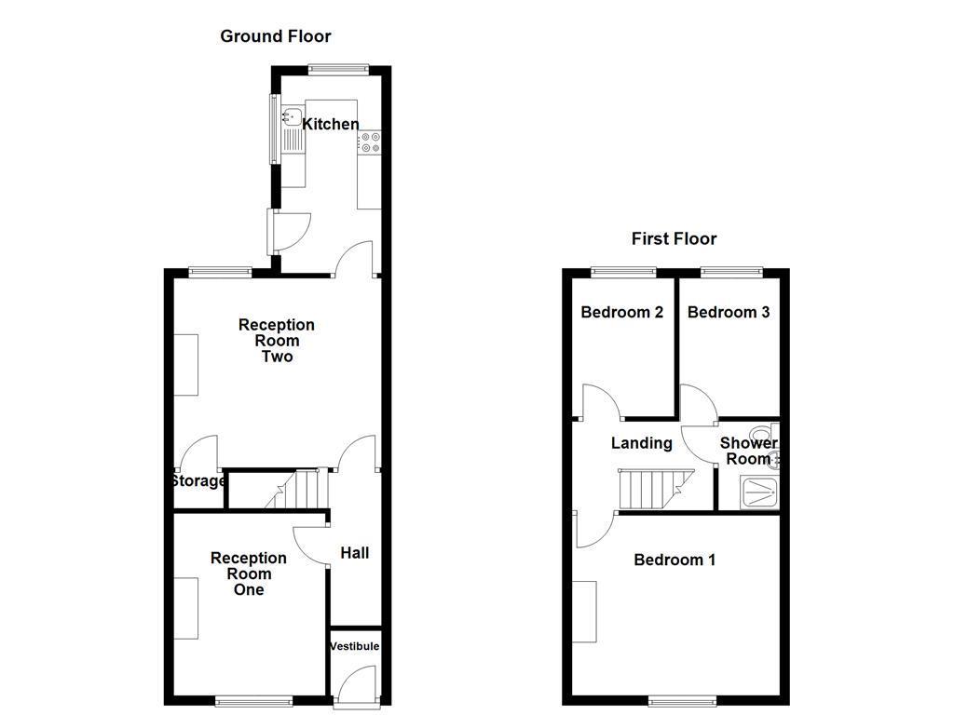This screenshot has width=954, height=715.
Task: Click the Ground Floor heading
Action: coord(275,36)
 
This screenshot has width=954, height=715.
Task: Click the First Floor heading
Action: coord(674,238)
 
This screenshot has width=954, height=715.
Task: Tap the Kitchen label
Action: coord(331,124)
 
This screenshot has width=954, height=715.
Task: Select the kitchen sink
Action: coord(293,118)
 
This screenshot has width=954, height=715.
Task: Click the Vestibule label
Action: coord(355,646)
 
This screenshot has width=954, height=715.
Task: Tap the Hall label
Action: coord(354,553)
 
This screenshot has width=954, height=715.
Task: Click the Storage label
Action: coord(198,481)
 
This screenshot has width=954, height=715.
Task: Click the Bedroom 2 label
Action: coord(621,312)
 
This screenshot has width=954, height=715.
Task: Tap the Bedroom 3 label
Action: coord(729,312)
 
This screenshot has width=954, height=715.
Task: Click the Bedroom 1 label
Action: coord(675,560)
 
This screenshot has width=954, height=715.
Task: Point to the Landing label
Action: coord(641,443)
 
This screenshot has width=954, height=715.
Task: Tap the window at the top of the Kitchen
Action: coord(339,68)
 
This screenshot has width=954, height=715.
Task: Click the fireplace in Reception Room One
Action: coord(186,608)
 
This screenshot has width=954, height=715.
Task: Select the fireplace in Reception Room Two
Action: coord(186,364)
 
